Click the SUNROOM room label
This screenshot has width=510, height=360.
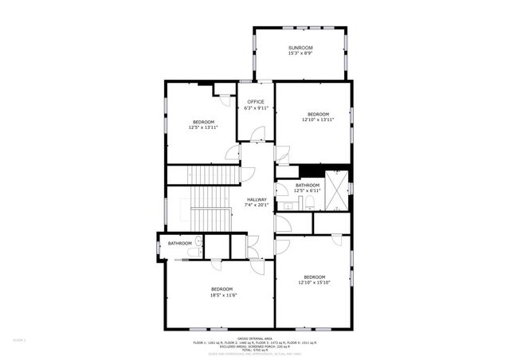click(x=300, y=48)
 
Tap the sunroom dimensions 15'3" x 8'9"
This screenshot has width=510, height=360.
click(x=300, y=53)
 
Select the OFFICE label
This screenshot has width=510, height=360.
click(x=256, y=102)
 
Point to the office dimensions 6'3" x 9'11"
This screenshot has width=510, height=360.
click(x=256, y=108)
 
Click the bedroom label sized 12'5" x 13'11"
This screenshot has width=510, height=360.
click(x=203, y=122)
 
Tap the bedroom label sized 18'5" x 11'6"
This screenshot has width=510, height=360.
click(x=222, y=288)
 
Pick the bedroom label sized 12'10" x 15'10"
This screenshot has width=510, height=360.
click(x=315, y=276)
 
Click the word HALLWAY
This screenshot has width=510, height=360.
click(x=257, y=199)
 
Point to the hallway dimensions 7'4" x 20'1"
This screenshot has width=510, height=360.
click(x=257, y=205)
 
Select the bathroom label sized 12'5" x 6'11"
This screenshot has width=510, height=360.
click(x=307, y=186)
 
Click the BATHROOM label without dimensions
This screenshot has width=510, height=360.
click(x=179, y=243)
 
